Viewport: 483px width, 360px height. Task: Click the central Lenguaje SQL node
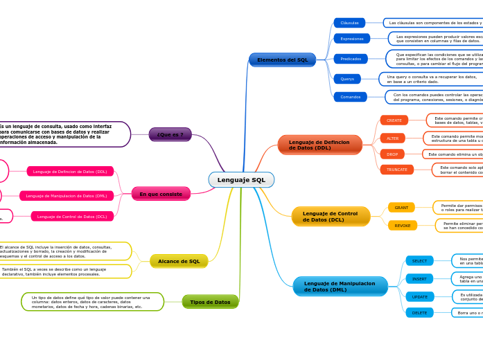tap(241, 180)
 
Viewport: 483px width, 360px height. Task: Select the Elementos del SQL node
tap(282, 60)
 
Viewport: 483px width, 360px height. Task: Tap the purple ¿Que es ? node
tap(170, 134)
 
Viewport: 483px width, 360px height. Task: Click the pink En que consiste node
tap(161, 194)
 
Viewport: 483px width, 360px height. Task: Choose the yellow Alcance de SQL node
tap(179, 261)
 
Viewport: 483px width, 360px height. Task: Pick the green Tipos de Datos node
tap(210, 302)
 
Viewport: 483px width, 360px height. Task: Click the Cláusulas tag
tap(349, 23)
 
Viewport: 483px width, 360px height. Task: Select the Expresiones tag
tap(351, 39)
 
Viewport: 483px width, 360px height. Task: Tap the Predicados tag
tap(351, 59)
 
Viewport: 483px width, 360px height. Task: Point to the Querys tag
tap(346, 79)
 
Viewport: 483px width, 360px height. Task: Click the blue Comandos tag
tap(350, 97)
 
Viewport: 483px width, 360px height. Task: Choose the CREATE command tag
tap(394, 120)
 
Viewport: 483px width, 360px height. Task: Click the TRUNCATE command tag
tap(396, 170)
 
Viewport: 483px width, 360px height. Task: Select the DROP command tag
tap(392, 154)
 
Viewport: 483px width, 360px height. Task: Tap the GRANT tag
tap(401, 208)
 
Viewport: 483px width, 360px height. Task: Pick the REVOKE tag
tap(402, 226)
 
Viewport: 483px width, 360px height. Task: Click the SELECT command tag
tap(419, 261)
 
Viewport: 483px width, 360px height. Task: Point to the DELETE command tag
tap(419, 313)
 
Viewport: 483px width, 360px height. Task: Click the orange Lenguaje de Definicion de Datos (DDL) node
tap(319, 145)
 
